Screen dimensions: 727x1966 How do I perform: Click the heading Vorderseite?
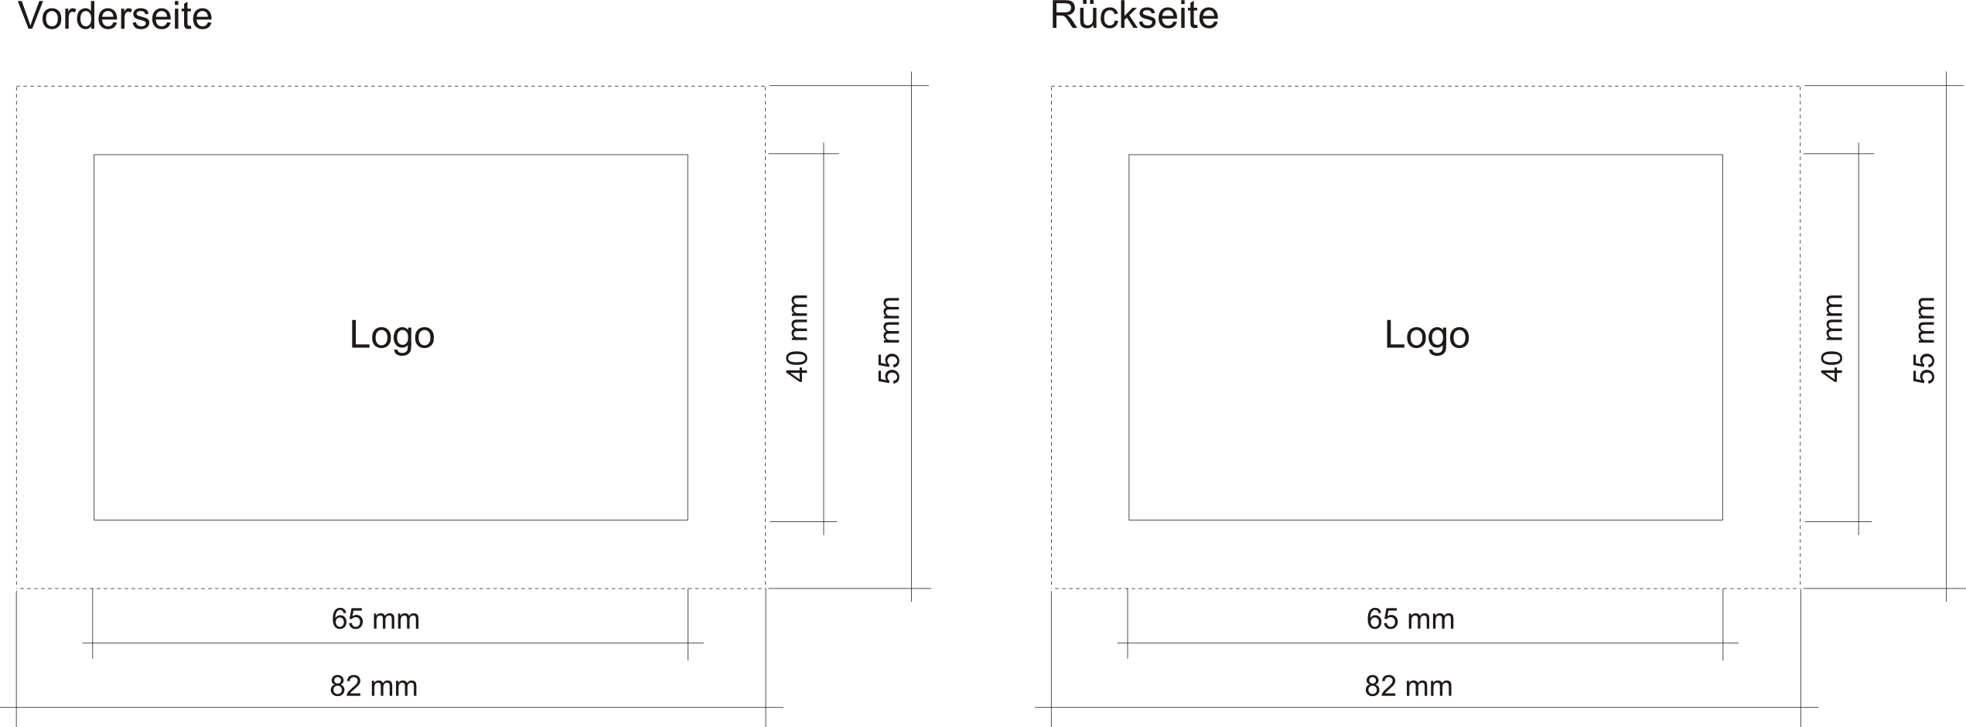pyautogui.click(x=114, y=17)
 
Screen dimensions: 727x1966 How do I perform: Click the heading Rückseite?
pyautogui.click(x=1134, y=17)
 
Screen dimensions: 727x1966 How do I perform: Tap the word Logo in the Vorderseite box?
pyautogui.click(x=392, y=335)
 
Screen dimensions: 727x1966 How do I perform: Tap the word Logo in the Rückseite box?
pyautogui.click(x=1427, y=335)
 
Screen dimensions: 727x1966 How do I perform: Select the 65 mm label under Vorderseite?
pyautogui.click(x=376, y=619)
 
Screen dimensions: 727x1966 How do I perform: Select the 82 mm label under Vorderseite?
pyautogui.click(x=374, y=687)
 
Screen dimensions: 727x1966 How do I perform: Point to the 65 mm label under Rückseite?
pyautogui.click(x=1411, y=619)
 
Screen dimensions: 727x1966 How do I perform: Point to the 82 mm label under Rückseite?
pyautogui.click(x=1408, y=687)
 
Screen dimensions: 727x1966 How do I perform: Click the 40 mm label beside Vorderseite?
pyautogui.click(x=797, y=338)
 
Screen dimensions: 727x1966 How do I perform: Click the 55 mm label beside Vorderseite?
pyautogui.click(x=890, y=340)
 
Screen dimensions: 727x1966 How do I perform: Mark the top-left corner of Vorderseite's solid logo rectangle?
pyautogui.click(x=94, y=155)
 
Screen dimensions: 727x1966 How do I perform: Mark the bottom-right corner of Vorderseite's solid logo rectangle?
pyautogui.click(x=688, y=520)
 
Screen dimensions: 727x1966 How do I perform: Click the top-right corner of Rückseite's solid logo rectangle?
pyautogui.click(x=1722, y=155)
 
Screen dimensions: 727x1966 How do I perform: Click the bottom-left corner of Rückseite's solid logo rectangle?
pyautogui.click(x=1129, y=520)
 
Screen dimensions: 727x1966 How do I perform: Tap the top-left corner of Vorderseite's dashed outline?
pyautogui.click(x=17, y=87)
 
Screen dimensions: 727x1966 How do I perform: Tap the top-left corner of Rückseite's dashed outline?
pyautogui.click(x=1052, y=87)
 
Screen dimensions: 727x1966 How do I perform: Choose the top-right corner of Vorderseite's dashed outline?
pyautogui.click(x=765, y=87)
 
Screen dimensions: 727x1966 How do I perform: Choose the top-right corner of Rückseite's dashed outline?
pyautogui.click(x=1800, y=87)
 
